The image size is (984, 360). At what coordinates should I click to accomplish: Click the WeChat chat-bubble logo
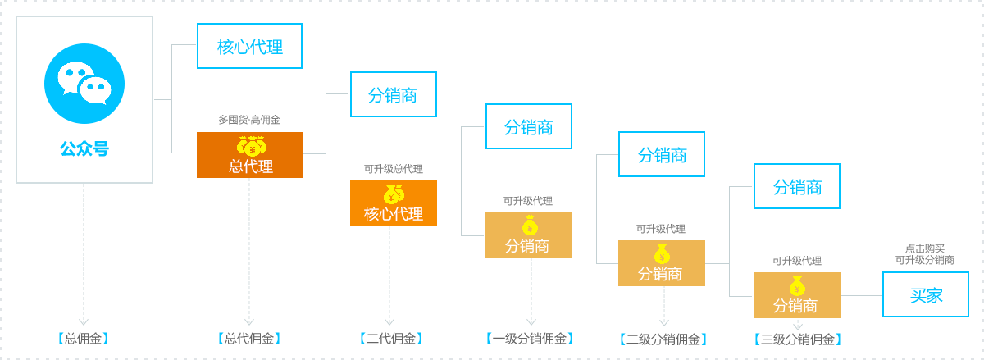[x=84, y=83]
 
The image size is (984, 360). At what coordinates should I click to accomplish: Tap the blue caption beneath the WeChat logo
[x=84, y=148]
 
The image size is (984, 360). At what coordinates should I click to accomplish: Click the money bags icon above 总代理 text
[x=252, y=146]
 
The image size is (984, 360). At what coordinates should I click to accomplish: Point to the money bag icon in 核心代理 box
[x=394, y=194]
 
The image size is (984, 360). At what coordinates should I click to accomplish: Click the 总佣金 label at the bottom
[x=84, y=338]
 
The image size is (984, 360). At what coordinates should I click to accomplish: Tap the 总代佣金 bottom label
[x=249, y=338]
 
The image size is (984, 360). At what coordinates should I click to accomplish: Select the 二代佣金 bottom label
[x=391, y=338]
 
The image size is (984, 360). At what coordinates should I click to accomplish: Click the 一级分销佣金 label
[x=529, y=338]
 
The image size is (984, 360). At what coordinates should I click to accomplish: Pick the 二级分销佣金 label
[x=663, y=339]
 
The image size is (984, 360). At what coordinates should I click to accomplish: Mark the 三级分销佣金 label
[x=796, y=339]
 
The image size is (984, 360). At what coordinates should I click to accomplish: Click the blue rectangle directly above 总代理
[x=248, y=46]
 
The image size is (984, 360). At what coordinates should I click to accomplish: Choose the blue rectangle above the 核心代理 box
[x=398, y=93]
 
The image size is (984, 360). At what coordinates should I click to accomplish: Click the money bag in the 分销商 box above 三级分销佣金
[x=797, y=286]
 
